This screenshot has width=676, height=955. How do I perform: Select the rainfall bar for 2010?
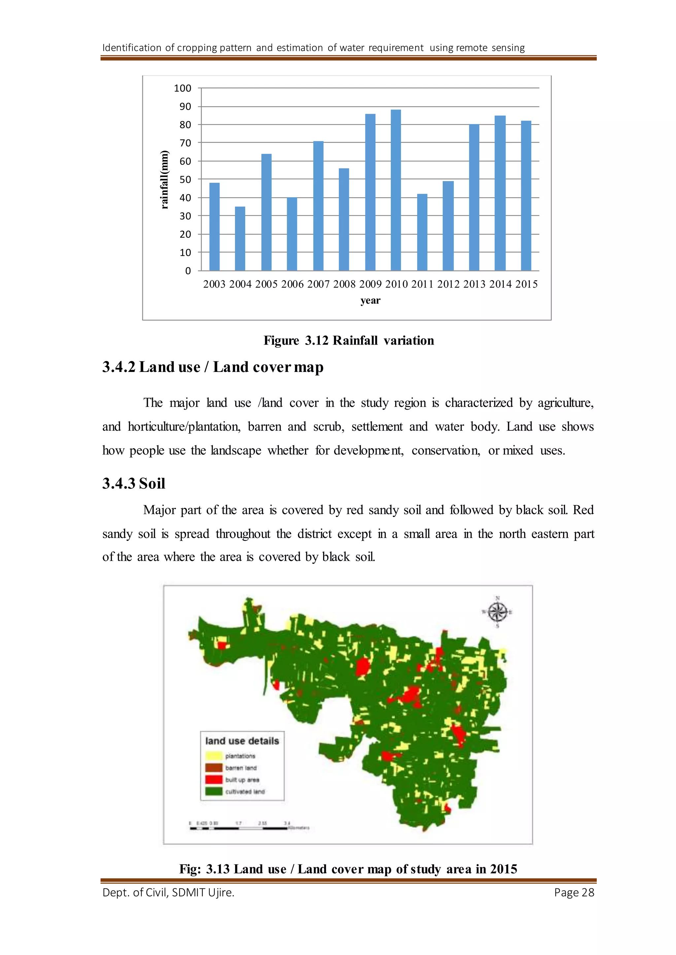tap(396, 191)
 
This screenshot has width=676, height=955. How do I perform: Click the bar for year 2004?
tap(240, 239)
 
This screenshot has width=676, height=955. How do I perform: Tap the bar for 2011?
tap(422, 232)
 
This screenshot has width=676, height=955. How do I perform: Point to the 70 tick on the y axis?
tap(185, 143)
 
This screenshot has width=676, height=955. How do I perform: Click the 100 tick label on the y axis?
tap(182, 88)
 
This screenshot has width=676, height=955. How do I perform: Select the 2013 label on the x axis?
tap(474, 284)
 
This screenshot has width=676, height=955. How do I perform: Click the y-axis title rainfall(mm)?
tap(165, 179)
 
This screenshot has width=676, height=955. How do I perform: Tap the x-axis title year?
tap(370, 300)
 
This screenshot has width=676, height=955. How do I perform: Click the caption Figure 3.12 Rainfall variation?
tap(349, 341)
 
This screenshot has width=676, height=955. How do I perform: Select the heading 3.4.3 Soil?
tap(134, 483)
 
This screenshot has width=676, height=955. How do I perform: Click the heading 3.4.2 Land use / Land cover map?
tap(213, 367)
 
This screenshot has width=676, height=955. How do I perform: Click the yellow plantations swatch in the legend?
tap(214, 756)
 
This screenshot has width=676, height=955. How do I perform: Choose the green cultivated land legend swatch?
tap(214, 791)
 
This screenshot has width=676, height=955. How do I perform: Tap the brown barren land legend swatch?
tap(214, 768)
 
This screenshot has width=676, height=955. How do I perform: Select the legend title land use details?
tap(242, 741)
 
